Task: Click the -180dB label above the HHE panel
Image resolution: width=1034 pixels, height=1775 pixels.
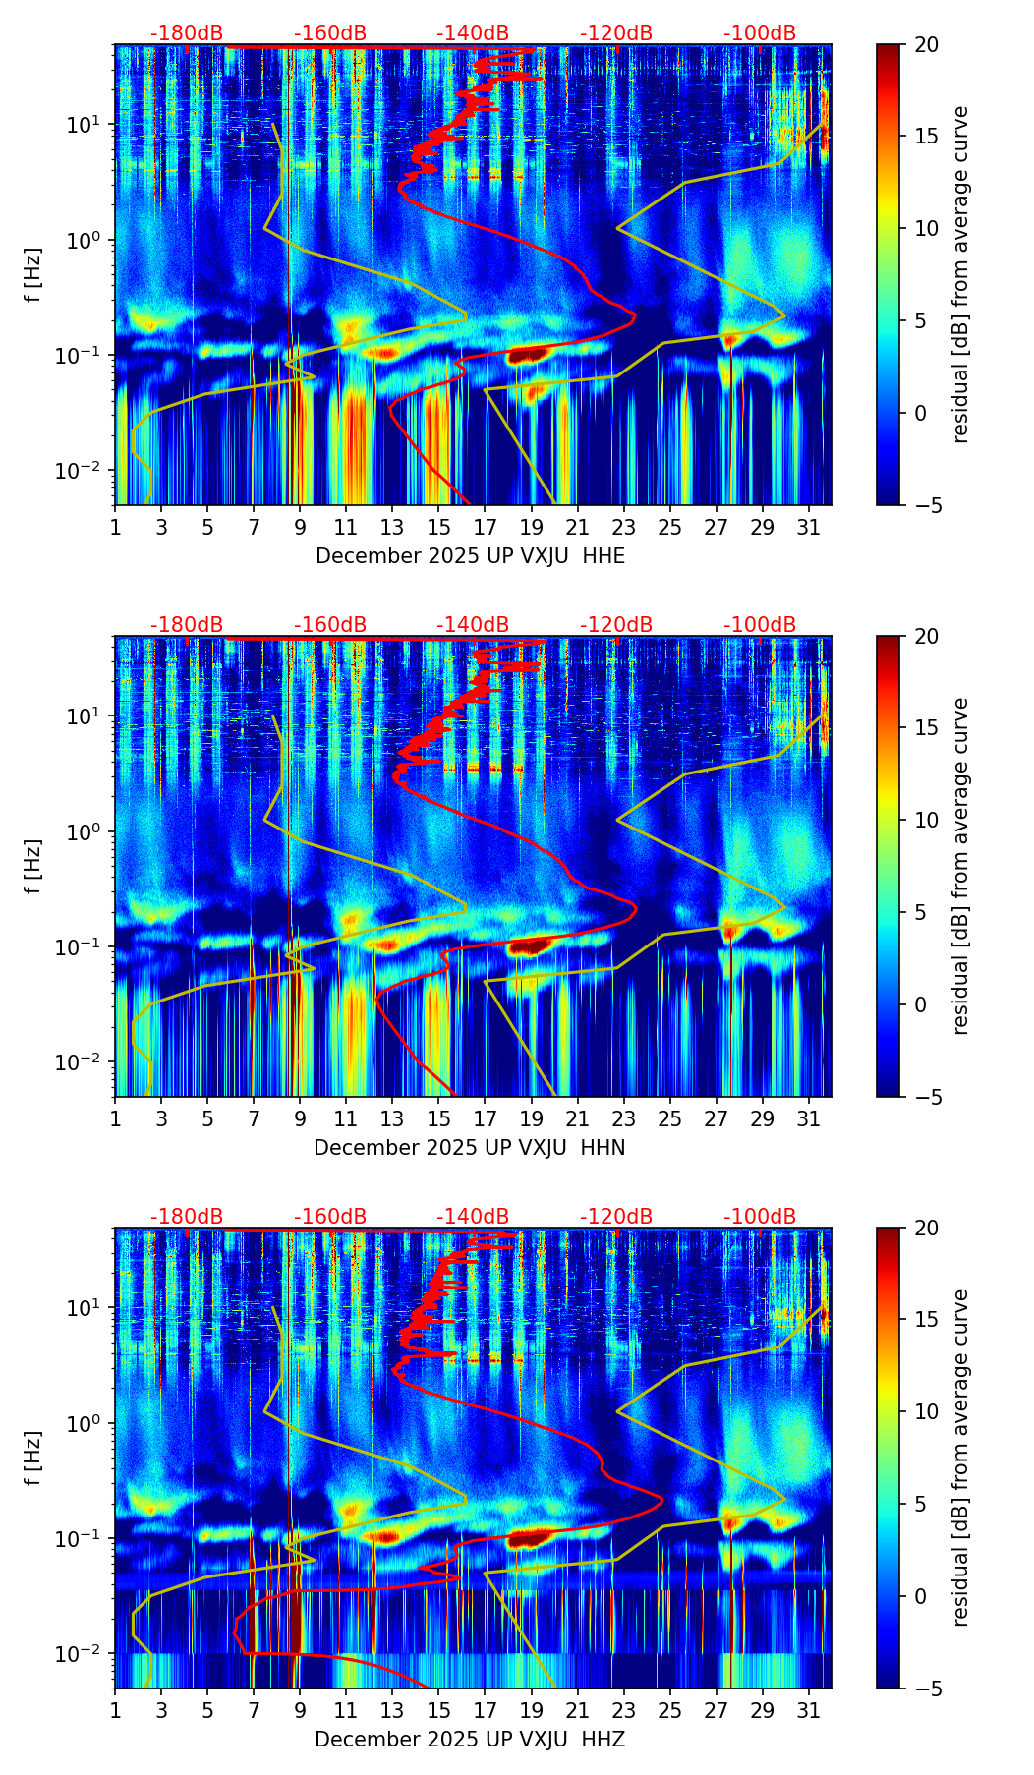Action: point(187,33)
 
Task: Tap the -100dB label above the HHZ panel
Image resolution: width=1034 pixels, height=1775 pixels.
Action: point(760,1217)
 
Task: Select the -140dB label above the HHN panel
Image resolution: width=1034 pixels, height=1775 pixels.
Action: point(473,625)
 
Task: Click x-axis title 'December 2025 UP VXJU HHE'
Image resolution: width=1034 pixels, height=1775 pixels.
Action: point(470,556)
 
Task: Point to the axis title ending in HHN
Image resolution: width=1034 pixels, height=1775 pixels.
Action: point(470,1148)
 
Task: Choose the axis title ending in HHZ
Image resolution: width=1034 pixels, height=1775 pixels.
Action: point(470,1740)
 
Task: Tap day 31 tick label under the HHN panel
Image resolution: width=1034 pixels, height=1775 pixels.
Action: point(808,1119)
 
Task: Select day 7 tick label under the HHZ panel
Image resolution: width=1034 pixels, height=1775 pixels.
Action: point(254,1711)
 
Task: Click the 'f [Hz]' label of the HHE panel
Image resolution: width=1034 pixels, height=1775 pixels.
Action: point(34,275)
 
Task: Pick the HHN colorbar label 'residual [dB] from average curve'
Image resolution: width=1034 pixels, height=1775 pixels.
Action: point(961,866)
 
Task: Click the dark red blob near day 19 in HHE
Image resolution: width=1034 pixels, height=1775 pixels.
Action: point(528,355)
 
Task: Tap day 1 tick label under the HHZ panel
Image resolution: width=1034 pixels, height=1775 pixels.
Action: point(115,1711)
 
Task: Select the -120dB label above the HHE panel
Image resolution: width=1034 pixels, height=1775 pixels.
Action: point(616,33)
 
